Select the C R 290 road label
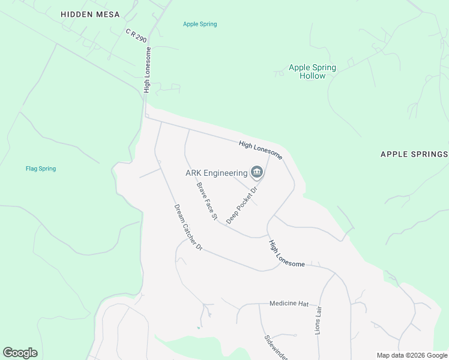[x=136, y=34]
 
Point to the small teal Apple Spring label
[x=200, y=24]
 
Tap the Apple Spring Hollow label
[x=312, y=71]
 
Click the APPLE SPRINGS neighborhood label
[x=414, y=154]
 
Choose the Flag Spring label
[x=41, y=169]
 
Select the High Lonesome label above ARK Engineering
[x=260, y=149]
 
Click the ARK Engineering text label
[x=216, y=173]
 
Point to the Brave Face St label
[x=206, y=201]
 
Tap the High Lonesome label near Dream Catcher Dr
[x=286, y=254]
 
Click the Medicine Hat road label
[x=288, y=304]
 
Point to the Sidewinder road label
[x=277, y=347]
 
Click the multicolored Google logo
[x=20, y=353]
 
